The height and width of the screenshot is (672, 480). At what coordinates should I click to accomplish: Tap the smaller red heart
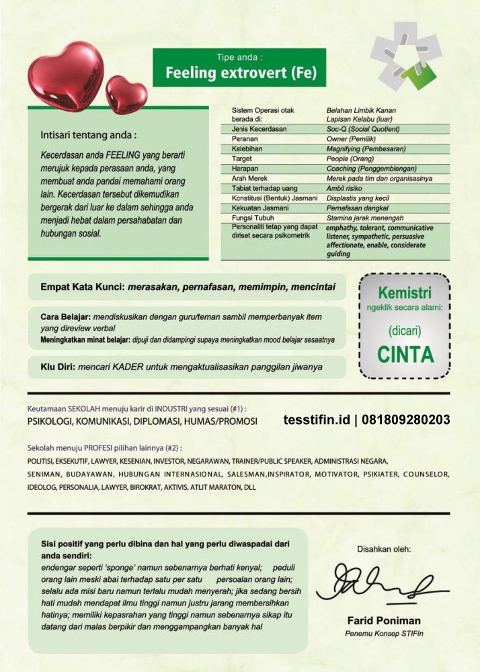point(126,94)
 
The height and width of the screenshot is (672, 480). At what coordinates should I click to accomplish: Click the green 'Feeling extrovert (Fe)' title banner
point(239,68)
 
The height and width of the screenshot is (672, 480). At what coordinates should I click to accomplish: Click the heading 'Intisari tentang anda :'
point(88,135)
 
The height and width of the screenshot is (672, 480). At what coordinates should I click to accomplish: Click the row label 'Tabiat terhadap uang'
point(264,189)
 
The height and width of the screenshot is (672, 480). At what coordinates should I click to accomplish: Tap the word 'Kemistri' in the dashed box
point(405,293)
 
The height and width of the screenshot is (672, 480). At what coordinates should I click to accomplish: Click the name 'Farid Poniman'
point(383,620)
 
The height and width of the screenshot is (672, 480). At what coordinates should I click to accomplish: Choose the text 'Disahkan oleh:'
point(384,548)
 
